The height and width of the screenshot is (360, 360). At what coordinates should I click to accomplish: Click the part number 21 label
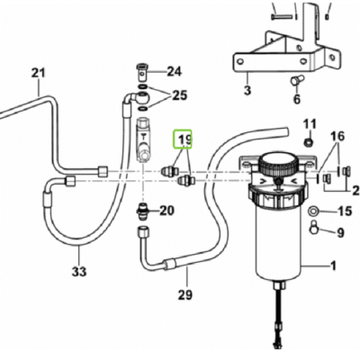37,73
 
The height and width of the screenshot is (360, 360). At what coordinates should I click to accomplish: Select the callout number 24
174,71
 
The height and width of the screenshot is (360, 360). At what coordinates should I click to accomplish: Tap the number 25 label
178,95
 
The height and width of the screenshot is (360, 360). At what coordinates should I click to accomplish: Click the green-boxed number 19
184,140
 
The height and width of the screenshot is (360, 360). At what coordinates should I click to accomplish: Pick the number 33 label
78,272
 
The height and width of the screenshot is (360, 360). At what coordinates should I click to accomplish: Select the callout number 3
247,91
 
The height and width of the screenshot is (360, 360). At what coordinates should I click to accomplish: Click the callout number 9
340,234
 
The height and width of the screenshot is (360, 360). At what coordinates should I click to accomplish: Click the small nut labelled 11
308,142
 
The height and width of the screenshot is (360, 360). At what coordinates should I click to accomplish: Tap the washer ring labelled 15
316,212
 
